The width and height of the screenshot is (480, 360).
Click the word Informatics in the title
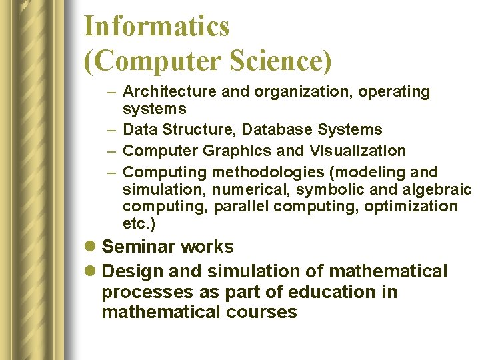click(157, 27)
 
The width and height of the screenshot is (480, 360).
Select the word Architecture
click(169, 92)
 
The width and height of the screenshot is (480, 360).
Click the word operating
click(395, 92)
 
